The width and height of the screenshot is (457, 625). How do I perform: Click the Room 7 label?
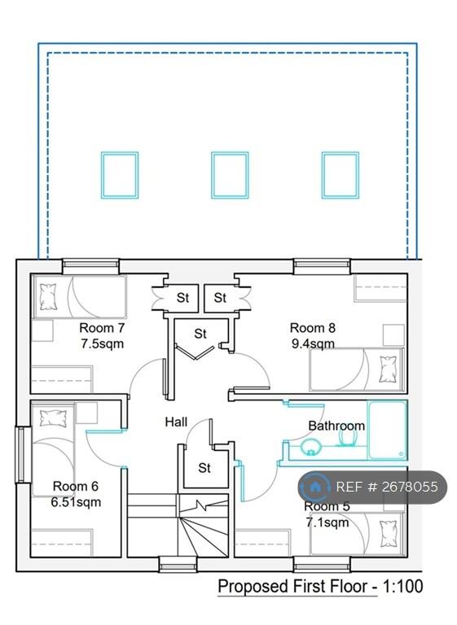[x=102, y=328]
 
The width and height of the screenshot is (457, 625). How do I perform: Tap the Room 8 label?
[x=313, y=328]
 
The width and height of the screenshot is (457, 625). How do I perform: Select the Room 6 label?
[x=76, y=487]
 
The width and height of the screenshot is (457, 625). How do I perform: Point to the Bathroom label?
[x=336, y=426]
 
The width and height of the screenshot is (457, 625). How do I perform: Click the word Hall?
[x=176, y=422]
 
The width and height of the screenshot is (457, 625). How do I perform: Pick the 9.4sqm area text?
[x=313, y=343]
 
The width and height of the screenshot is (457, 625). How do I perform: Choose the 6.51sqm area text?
[x=77, y=501]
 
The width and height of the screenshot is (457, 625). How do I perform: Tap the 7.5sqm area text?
[x=102, y=343]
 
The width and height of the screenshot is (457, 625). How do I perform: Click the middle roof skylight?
[x=230, y=175]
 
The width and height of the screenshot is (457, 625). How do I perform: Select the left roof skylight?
[x=119, y=175]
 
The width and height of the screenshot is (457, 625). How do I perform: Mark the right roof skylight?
[x=340, y=175]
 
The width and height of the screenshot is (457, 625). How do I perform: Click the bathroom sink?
[x=310, y=445]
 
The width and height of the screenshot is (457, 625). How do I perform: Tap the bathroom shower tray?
[x=386, y=429]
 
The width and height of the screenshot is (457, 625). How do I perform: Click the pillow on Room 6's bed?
[x=53, y=418]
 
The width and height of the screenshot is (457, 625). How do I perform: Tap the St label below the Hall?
[x=204, y=468]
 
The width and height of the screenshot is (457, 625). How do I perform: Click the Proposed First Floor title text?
[x=319, y=586]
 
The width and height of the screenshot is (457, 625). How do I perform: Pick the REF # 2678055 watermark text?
[x=386, y=487]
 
